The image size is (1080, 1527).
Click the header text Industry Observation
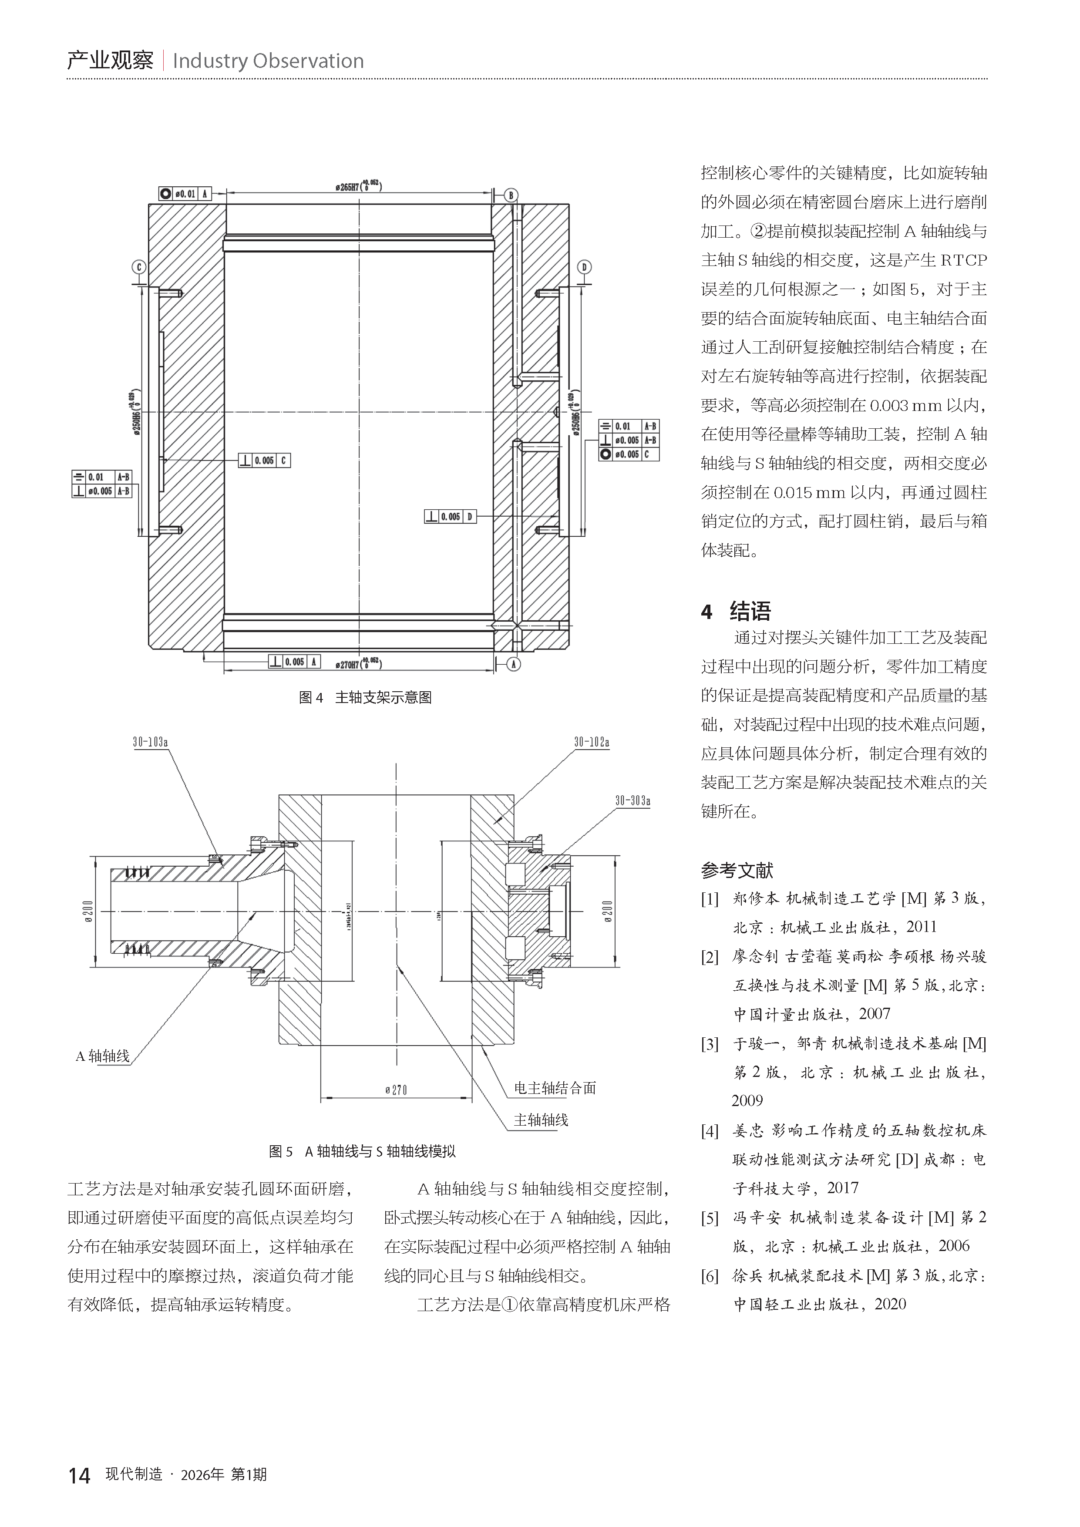point(268,61)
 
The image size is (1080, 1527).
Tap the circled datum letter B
point(511,195)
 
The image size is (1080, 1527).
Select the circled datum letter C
point(139,267)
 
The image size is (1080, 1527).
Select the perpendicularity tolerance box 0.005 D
point(450,516)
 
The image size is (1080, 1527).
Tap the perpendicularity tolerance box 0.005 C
point(264,460)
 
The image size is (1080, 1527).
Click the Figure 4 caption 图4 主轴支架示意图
point(365,697)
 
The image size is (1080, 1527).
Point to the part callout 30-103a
point(150,742)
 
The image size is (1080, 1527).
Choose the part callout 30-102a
point(591,742)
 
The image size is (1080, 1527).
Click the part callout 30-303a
point(632,801)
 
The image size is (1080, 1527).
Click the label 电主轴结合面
point(555,1088)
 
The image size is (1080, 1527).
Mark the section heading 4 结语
point(736,611)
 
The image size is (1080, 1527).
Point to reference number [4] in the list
point(710,1130)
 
